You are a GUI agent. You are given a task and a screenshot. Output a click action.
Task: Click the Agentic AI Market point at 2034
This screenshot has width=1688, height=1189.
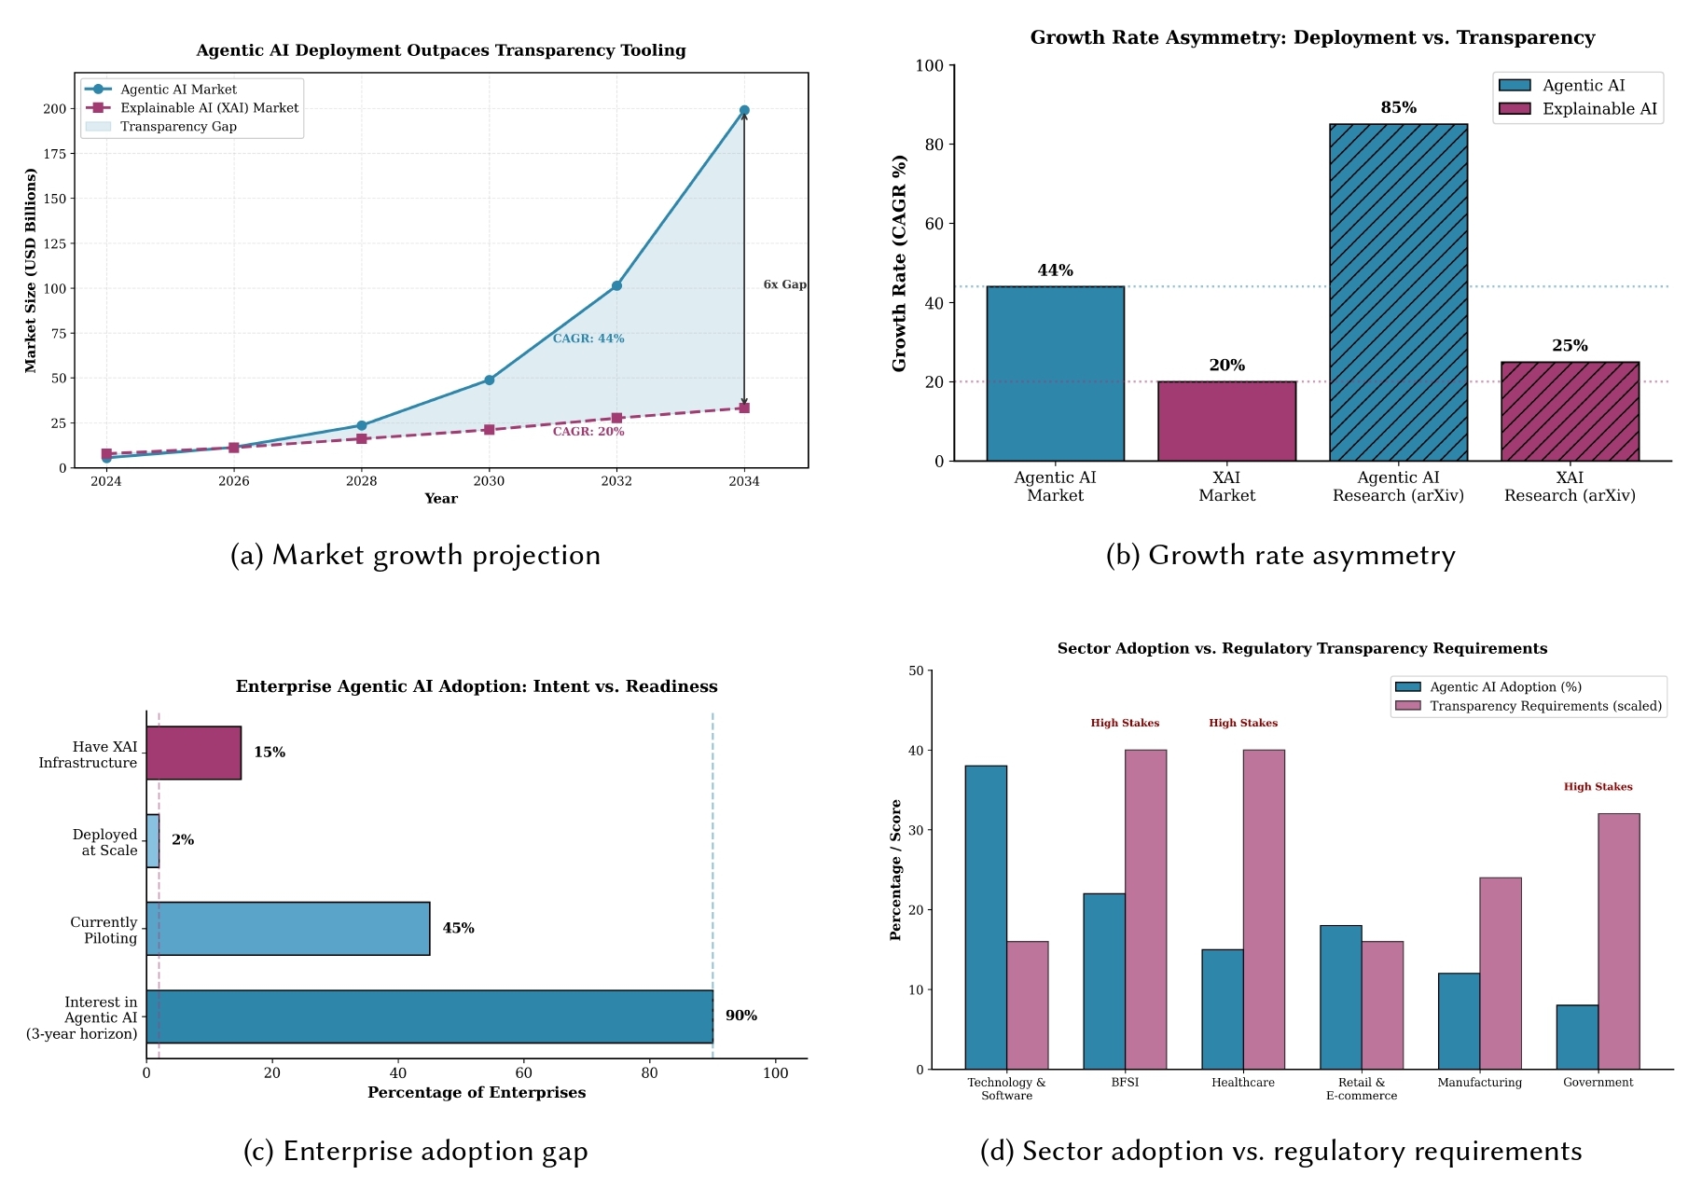click(x=744, y=111)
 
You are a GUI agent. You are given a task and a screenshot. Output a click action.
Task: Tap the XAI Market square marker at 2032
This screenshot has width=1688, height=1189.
click(x=616, y=418)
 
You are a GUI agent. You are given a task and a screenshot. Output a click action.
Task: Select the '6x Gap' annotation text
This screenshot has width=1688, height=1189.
click(x=784, y=284)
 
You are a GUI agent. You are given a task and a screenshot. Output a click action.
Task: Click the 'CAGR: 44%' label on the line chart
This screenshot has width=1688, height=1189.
click(x=588, y=339)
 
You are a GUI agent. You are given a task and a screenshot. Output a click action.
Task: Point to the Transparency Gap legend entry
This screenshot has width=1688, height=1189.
click(x=177, y=127)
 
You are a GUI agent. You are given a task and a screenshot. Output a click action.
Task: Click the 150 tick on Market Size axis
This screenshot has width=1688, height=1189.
click(x=55, y=199)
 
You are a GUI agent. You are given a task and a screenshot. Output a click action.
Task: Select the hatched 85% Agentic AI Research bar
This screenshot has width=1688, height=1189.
click(x=1398, y=292)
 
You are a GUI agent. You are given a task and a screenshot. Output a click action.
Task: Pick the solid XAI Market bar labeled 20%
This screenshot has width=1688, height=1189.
click(x=1226, y=421)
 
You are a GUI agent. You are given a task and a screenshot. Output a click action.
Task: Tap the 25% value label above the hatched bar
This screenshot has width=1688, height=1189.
click(x=1570, y=346)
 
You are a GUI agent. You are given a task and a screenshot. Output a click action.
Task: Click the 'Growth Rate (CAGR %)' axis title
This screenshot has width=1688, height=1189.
click(x=899, y=264)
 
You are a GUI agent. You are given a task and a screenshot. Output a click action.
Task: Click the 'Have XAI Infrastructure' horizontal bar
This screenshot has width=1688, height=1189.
click(x=194, y=753)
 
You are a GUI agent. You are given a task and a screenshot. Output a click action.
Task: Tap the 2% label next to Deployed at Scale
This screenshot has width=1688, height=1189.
click(x=183, y=840)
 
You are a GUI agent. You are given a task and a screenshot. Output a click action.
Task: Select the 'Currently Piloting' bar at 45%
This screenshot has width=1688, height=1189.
click(x=288, y=928)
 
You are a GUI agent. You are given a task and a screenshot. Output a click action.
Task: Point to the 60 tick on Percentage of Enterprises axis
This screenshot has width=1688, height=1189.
click(x=524, y=1073)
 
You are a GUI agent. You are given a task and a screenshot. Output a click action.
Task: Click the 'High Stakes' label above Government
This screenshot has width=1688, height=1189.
click(x=1598, y=787)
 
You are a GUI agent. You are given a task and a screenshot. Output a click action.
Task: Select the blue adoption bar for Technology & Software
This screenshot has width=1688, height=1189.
click(x=986, y=917)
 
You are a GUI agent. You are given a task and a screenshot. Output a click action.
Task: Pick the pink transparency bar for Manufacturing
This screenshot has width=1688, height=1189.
click(x=1501, y=973)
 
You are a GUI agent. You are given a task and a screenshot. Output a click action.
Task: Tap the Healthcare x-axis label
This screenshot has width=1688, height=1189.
click(x=1242, y=1083)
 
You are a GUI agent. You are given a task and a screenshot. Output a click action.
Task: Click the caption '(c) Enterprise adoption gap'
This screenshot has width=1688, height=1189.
click(x=415, y=1151)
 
